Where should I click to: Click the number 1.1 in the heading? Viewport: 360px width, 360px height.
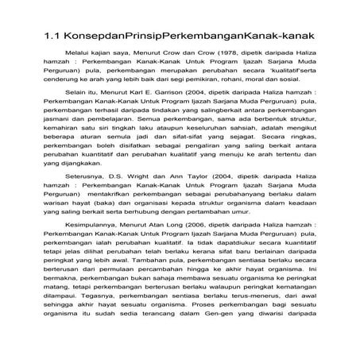52,38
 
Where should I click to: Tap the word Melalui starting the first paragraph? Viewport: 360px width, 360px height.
79,73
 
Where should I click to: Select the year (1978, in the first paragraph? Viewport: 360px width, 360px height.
207,73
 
